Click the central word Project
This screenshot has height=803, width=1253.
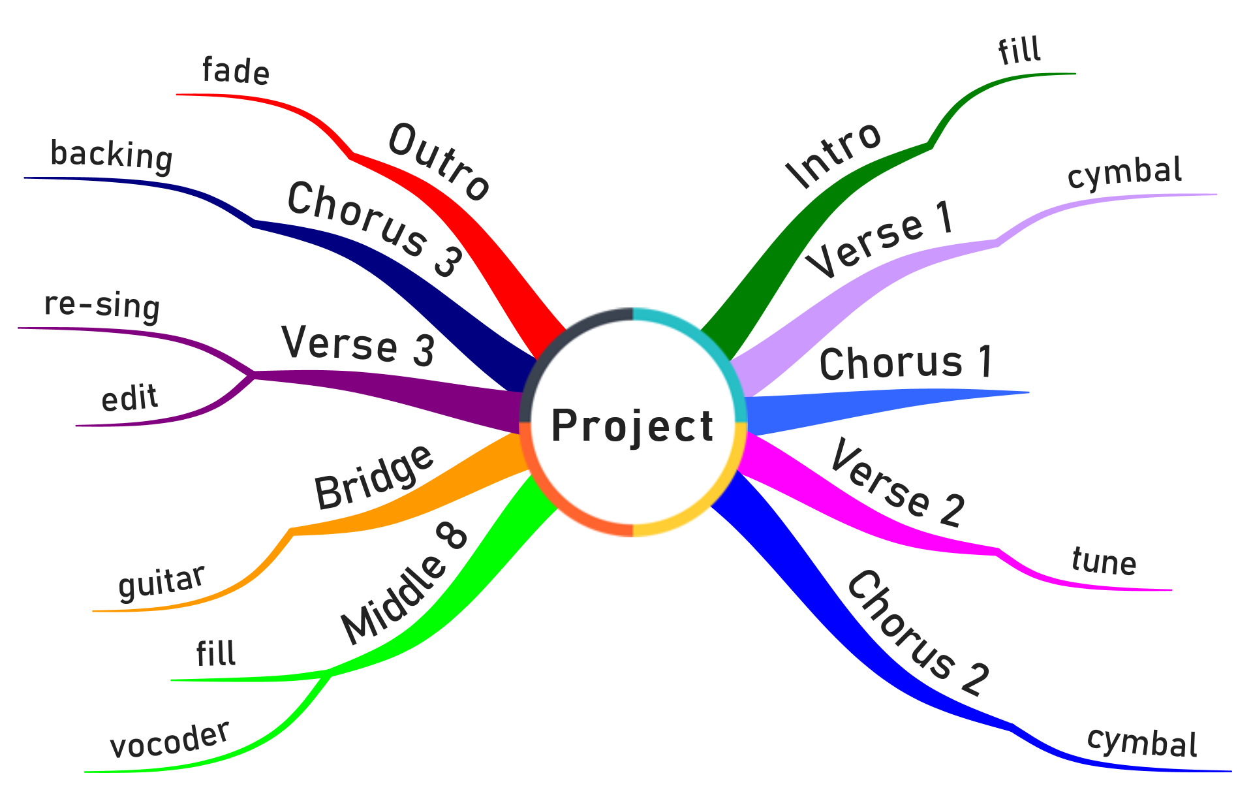[632, 426]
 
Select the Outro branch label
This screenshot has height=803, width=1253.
[439, 162]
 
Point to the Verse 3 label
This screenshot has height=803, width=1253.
[358, 344]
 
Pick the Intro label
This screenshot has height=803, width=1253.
[833, 155]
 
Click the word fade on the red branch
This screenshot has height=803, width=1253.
[236, 71]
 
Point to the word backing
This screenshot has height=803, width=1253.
[112, 155]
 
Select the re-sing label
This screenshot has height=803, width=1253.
[102, 306]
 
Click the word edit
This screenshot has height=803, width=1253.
[129, 398]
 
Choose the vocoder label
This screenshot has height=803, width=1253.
[170, 740]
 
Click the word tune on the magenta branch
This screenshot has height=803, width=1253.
[1104, 561]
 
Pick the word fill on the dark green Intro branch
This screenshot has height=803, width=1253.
[1019, 50]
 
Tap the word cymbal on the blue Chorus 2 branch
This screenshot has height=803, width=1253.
[1142, 742]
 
